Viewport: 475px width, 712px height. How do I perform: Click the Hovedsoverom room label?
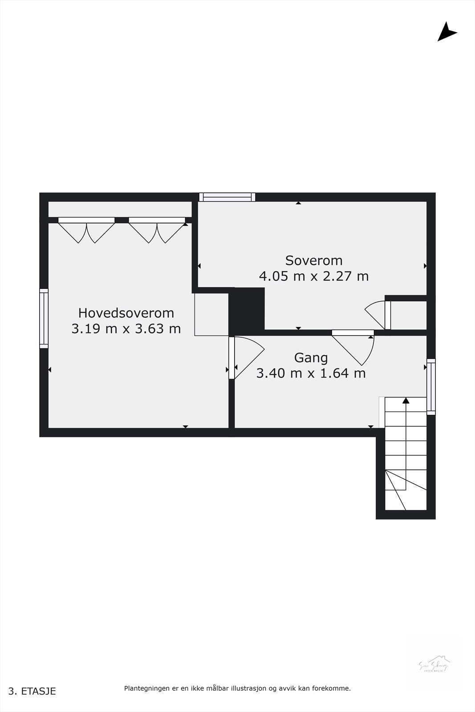coord(126,312)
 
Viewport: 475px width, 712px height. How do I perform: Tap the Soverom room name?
coord(314,260)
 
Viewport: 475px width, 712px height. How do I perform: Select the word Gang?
coord(311,358)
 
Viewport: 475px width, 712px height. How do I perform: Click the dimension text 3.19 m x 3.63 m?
coord(126,329)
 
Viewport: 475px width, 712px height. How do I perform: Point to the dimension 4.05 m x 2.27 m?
coord(314,276)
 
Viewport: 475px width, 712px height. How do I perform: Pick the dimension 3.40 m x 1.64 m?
coord(311,373)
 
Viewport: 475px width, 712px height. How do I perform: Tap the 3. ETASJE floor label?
coord(32,691)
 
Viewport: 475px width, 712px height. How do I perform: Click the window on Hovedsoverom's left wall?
coord(44,318)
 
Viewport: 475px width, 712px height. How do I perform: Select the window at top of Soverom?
coord(227,197)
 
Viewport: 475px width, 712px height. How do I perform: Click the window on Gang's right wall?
coord(431,387)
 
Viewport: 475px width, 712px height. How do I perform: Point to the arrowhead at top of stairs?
coord(406,400)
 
